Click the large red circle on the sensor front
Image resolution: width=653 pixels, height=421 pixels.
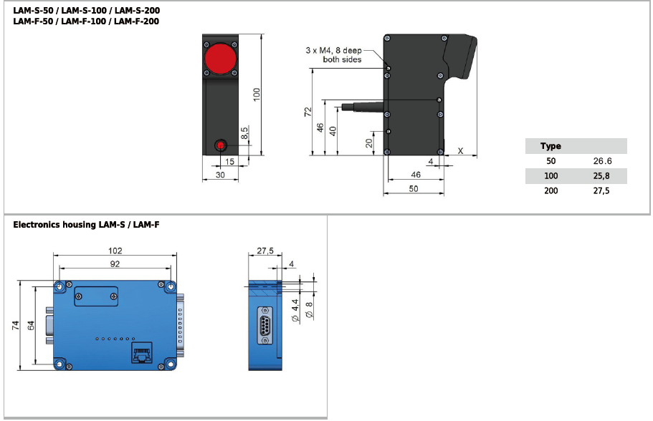[x=220, y=59]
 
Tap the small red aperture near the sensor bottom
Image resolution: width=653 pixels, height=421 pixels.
[x=220, y=145]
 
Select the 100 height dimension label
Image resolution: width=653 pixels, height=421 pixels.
[x=257, y=94]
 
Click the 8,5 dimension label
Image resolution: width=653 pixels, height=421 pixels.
[x=244, y=132]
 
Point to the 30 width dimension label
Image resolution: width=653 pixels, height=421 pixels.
[x=220, y=175]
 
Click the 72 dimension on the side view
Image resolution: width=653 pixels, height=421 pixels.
[x=308, y=112]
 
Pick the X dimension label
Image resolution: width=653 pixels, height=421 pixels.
[x=460, y=151]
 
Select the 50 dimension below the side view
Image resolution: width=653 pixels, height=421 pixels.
[x=413, y=188]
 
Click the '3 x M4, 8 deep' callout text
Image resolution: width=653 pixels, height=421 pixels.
[x=333, y=50]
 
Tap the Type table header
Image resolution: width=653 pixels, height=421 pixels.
[x=550, y=146]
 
